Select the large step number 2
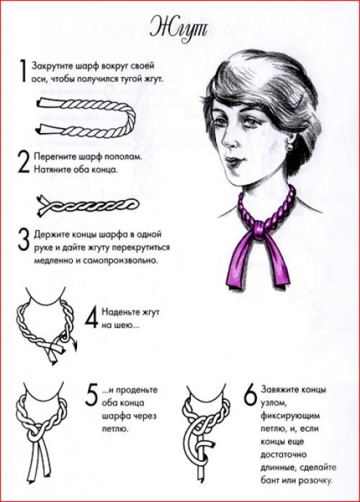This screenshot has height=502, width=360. coord(23,162)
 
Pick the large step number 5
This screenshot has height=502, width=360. coord(92,395)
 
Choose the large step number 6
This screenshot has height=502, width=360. coord(251,394)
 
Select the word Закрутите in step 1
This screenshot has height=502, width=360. coord(53,66)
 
